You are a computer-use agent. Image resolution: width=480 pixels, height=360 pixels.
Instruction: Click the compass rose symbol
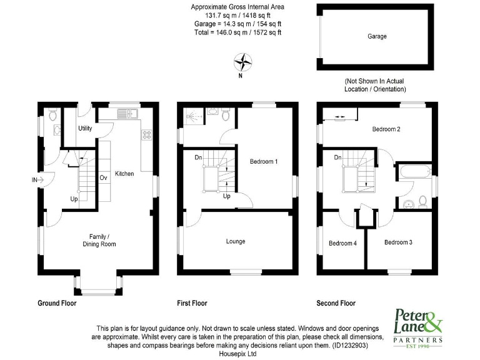pos(242,62)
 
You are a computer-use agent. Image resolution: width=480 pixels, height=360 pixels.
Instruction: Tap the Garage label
pos(377,36)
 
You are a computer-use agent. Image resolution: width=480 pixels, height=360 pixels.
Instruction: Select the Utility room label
pos(85,129)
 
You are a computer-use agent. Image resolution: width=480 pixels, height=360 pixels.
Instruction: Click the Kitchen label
pos(124,174)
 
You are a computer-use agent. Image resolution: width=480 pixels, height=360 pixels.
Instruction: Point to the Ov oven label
pos(103,177)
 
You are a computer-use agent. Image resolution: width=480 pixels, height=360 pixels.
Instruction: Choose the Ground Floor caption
pos(57,303)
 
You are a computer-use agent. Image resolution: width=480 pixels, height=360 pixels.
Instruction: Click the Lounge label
pos(236,241)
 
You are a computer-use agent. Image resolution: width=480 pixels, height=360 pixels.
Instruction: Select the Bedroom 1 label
pos(263,162)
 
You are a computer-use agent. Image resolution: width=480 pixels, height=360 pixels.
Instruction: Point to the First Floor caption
pos(192,303)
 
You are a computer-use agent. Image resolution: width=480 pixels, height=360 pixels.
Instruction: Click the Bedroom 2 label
pos(386,129)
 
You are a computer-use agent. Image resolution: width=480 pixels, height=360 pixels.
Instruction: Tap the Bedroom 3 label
pos(398,242)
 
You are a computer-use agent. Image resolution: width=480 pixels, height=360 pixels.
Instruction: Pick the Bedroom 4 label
pos(342,243)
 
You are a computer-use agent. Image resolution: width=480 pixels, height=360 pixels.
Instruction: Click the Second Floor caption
pos(336,303)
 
